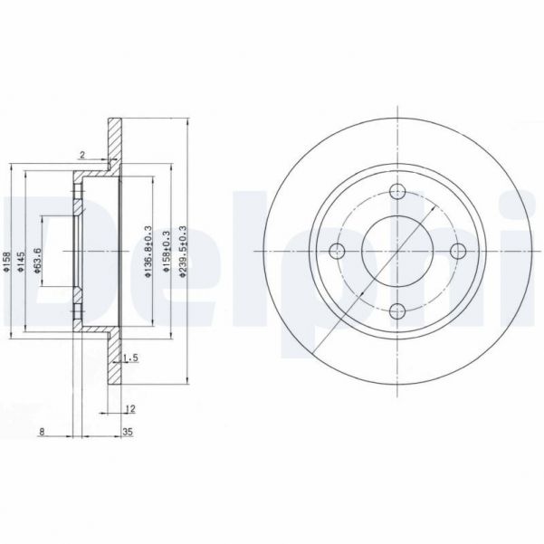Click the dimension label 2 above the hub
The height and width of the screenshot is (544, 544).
pyautogui.click(x=82, y=155)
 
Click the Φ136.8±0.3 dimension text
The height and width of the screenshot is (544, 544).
pyautogui.click(x=146, y=253)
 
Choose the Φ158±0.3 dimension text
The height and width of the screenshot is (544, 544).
pyautogui.click(x=166, y=253)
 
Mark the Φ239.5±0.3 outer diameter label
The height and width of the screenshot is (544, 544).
pyautogui.click(x=185, y=253)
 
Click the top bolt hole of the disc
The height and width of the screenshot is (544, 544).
pyautogui.click(x=396, y=191)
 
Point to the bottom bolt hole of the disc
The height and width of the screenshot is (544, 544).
pyautogui.click(x=396, y=312)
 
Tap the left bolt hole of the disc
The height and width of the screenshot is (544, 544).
pyautogui.click(x=336, y=252)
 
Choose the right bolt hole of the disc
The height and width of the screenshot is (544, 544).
pyautogui.click(x=457, y=252)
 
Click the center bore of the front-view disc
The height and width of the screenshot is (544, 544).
pyautogui.click(x=396, y=252)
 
